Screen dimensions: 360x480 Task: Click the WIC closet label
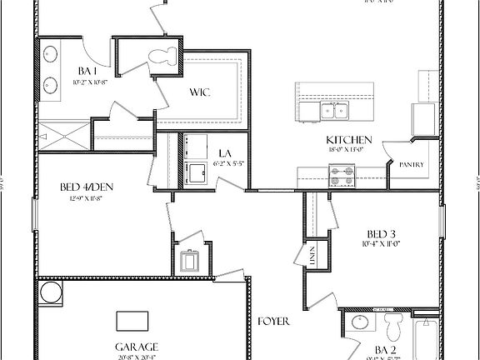point(199,92)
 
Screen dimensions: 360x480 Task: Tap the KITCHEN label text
point(349,139)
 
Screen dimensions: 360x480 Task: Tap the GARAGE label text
point(137,346)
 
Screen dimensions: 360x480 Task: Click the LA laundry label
point(225,153)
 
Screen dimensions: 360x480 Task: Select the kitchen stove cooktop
point(342,176)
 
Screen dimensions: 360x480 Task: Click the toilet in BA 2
point(392,324)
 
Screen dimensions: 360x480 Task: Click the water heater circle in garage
point(51,292)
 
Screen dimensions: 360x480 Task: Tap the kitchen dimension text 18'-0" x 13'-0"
point(348,149)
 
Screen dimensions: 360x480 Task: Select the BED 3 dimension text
point(382,244)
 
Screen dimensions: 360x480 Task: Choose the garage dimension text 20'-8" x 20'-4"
point(137,357)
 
